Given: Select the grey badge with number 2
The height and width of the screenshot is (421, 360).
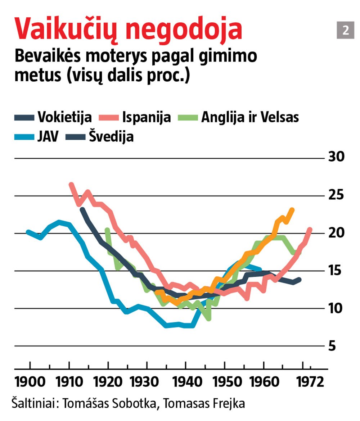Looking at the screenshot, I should tap(345, 30).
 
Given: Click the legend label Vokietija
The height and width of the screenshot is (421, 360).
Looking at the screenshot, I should tap(65, 117).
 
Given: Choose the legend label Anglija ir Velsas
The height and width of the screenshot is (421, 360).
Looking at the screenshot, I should tap(250, 117).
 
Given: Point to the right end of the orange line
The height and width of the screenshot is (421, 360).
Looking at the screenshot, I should tap(292, 210).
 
